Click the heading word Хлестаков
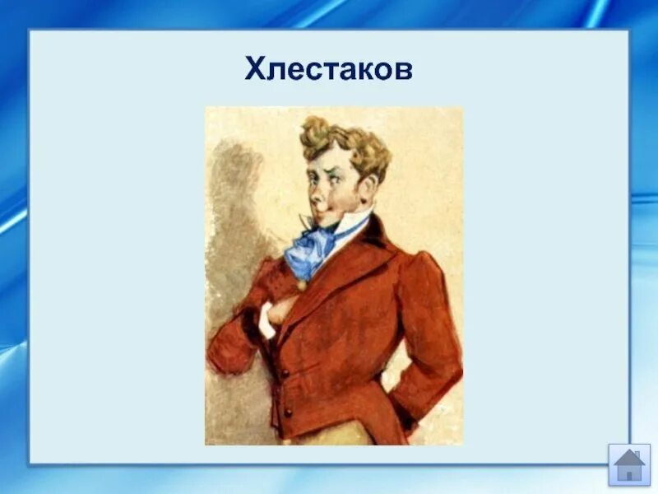point(328,69)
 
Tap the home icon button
point(629,465)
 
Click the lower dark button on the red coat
point(288,411)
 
